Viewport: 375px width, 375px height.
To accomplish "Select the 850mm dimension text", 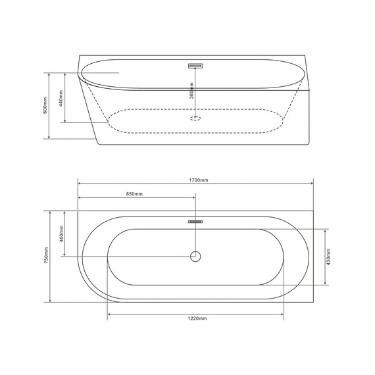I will click(134, 194).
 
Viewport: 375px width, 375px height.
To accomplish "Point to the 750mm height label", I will click(45, 257).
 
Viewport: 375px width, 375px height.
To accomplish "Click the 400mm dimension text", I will click(61, 234).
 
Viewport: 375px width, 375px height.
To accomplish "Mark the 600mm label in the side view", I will click(45, 105).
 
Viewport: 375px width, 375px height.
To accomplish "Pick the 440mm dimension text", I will click(61, 98).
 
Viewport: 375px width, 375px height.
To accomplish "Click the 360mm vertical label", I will click(191, 92).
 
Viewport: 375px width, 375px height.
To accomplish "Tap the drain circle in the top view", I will click(195, 256).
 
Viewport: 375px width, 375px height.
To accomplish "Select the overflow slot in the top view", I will click(195, 222).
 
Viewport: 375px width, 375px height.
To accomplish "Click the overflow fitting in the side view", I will click(195, 66).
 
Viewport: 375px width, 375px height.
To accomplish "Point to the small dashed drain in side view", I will click(195, 118).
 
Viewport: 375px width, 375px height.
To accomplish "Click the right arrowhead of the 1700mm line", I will click(312, 184).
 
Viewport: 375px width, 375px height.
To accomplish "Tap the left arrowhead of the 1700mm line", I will click(79, 184).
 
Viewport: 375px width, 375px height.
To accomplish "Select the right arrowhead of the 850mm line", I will click(194, 198).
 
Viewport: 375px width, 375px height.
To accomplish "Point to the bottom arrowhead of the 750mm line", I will click(50, 301).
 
